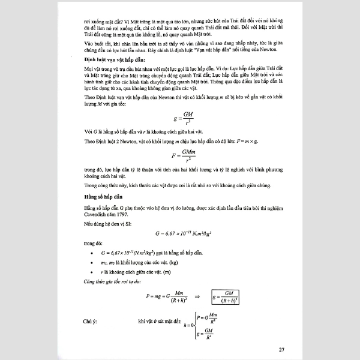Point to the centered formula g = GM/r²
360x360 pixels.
pyautogui.click(x=179, y=117)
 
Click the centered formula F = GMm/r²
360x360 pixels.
pyautogui.click(x=179, y=157)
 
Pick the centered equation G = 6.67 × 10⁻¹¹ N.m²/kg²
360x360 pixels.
pyautogui.click(x=179, y=232)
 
